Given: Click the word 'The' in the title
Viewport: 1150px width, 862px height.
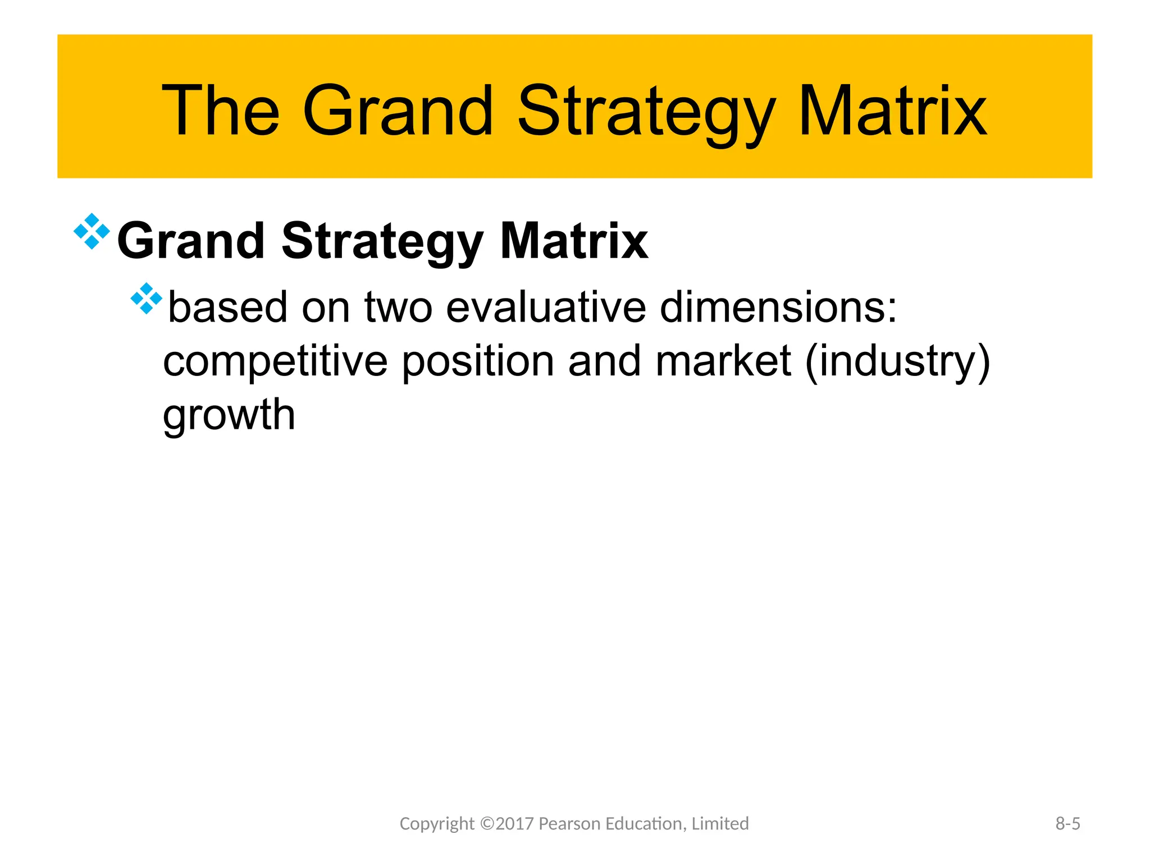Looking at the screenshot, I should coord(220,111).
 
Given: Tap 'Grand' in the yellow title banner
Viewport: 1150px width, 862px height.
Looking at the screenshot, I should coord(398,111).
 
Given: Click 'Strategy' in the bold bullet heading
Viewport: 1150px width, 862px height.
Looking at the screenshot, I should coord(382,241).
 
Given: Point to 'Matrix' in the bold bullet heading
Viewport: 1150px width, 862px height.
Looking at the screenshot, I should coord(574,241).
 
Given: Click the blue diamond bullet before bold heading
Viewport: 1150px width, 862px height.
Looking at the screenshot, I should coord(92,231).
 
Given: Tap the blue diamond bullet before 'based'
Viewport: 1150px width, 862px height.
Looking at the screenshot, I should coord(146,298).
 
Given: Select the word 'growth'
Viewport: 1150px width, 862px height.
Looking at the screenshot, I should coord(229,415).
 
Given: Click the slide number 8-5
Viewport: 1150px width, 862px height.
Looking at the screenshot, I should coord(1067,823).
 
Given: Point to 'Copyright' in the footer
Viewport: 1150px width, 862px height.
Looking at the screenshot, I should coord(436,823).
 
